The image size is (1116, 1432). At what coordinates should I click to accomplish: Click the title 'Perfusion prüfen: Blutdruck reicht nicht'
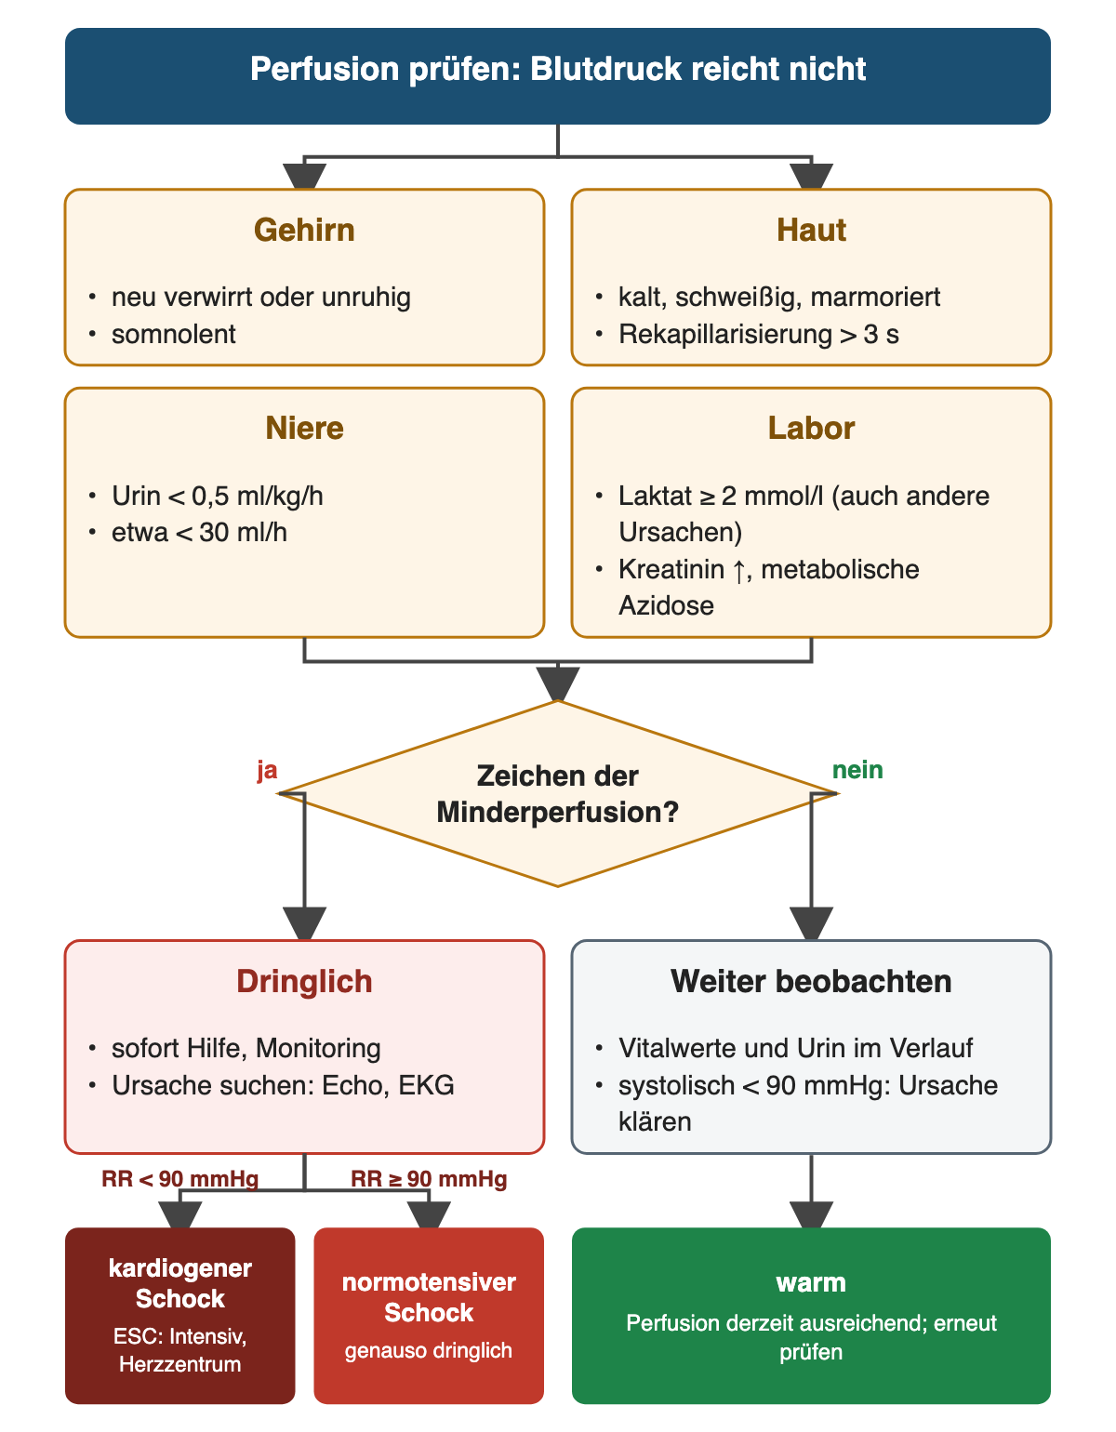coord(557,69)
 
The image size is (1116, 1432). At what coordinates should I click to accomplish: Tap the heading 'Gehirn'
coord(304,230)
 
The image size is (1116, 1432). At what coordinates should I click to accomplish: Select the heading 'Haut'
coord(811,230)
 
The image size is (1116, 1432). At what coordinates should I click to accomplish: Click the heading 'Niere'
coord(304,429)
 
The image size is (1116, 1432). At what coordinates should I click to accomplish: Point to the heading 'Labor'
coord(811,429)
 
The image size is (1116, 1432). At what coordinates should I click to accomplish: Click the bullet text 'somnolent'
coord(173,334)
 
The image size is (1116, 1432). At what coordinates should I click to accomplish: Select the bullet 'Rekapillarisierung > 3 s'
coord(758,334)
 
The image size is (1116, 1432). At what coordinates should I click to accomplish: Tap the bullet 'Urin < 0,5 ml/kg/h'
coord(218,496)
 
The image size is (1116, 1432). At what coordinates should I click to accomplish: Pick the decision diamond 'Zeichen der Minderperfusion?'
coord(557,793)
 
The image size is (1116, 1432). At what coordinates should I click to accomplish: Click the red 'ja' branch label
coord(267,770)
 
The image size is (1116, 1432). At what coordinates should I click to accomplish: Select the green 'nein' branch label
coord(857,770)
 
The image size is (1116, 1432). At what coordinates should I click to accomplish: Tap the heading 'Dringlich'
coord(304,981)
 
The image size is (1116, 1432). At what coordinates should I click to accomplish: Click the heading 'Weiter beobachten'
coord(811,981)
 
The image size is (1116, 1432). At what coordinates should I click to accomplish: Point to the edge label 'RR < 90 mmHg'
coord(179,1179)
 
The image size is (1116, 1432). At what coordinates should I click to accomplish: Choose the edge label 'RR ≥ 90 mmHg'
coord(429,1179)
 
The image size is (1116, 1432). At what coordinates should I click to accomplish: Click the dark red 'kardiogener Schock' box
coord(179,1316)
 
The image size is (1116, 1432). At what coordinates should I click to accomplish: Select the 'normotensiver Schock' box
coord(429,1316)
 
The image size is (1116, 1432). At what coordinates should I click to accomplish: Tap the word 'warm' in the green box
coord(811,1282)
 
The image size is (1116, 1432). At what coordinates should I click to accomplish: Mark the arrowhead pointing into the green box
coord(811,1214)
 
